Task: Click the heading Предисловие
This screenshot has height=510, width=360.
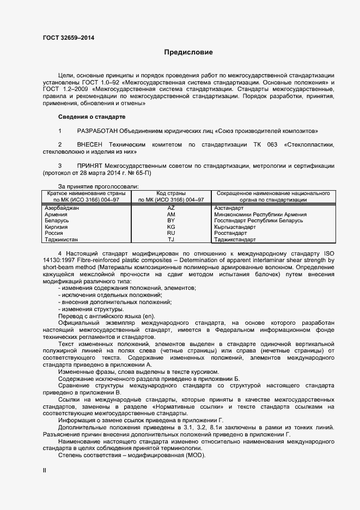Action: click(188, 52)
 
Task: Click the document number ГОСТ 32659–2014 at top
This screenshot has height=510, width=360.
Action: click(68, 38)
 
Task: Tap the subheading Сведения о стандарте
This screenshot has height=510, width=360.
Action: click(91, 117)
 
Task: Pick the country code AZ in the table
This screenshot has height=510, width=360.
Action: click(171, 208)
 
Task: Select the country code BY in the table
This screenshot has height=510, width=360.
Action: click(171, 220)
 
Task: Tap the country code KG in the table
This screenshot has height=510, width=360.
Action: click(171, 227)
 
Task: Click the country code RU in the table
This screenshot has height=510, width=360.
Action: click(171, 233)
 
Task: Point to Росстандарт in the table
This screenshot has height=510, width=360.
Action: click(233, 233)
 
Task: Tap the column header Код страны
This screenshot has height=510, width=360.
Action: click(171, 193)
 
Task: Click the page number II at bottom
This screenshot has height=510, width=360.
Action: click(45, 469)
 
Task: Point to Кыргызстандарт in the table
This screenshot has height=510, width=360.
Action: click(235, 227)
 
